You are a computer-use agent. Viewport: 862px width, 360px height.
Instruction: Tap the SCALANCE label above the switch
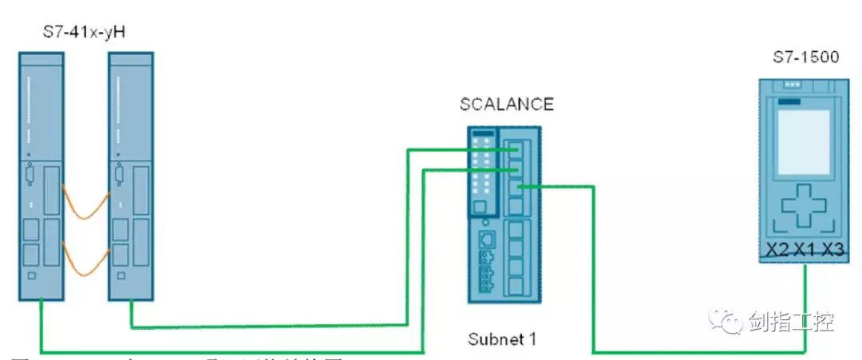pyautogui.click(x=506, y=105)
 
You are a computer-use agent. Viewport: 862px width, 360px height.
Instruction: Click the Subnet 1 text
pyautogui.click(x=501, y=338)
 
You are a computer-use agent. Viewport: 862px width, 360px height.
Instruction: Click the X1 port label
pyautogui.click(x=805, y=249)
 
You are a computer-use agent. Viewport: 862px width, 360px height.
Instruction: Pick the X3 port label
pyautogui.click(x=832, y=249)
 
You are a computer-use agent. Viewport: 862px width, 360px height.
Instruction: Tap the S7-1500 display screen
pyautogui.click(x=801, y=135)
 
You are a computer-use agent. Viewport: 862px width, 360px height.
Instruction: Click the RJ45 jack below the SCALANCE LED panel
pyautogui.click(x=484, y=240)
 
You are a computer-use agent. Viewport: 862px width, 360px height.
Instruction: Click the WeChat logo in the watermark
pyautogui.click(x=728, y=323)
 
